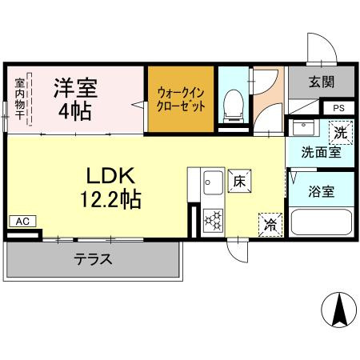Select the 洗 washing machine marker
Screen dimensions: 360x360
pos(342,130)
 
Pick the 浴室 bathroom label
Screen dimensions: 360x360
pos(322,192)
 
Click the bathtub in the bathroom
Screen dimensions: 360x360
pos(319,222)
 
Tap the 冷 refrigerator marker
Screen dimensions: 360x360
pos(270,225)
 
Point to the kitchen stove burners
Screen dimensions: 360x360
pos(213,218)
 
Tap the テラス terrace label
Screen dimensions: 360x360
pos(93,259)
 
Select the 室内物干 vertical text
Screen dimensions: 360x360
pos(20,100)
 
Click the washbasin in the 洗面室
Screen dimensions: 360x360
pos(302,128)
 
